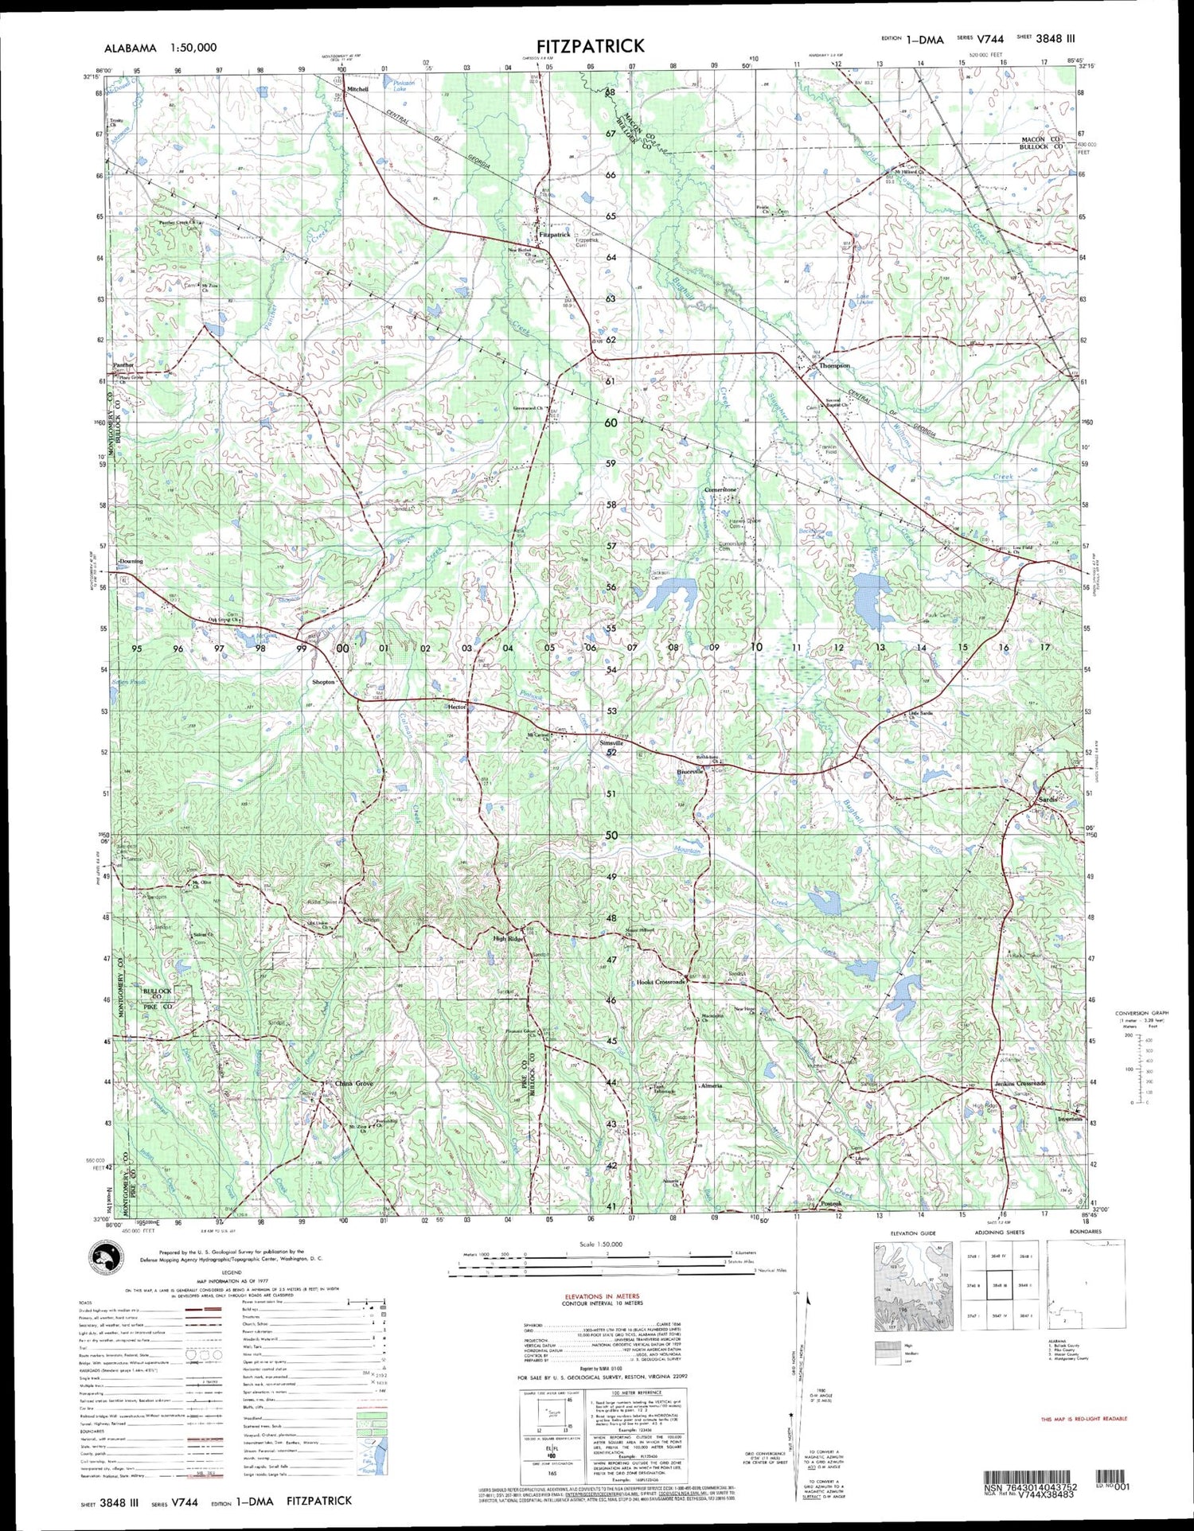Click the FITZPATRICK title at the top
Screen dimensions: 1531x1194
[590, 46]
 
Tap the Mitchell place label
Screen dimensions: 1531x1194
[357, 89]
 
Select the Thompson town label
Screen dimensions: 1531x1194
[835, 365]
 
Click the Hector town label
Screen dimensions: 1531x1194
[457, 707]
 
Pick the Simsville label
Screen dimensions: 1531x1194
[611, 743]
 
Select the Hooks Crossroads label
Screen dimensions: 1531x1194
[661, 982]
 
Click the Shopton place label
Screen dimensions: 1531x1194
[323, 682]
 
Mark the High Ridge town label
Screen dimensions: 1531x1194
[509, 939]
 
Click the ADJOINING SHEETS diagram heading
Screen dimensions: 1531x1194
[1000, 1232]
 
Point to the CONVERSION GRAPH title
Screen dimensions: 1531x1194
[1142, 1013]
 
